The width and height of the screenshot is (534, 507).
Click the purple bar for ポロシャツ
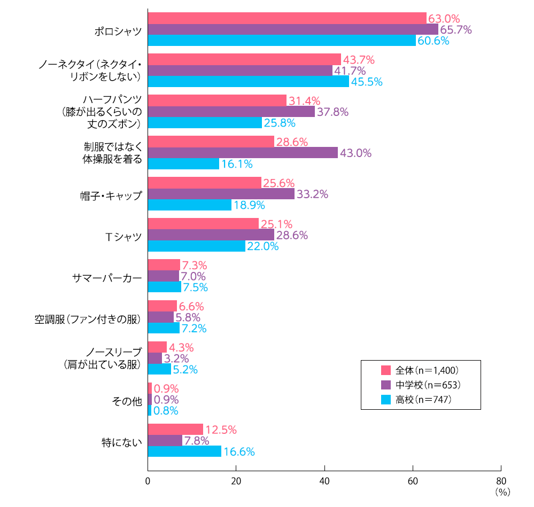pos(293,29)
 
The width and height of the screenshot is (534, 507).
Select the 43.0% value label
pos(355,153)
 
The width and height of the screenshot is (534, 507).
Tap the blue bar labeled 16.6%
pos(184,451)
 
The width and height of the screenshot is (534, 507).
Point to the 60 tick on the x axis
pos(413,481)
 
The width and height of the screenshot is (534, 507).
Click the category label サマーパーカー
pos(107,278)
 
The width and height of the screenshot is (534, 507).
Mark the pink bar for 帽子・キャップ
pos(204,183)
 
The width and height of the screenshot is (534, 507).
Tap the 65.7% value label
pos(455,30)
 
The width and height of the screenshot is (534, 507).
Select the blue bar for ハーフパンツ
pos(205,123)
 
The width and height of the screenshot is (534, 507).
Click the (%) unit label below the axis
pos(503,492)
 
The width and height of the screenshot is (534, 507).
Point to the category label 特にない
pos(122,442)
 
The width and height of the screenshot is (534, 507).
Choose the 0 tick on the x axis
pos(148,481)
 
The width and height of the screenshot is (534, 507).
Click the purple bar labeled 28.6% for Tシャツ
pos(211,235)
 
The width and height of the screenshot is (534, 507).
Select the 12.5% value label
pos(221,430)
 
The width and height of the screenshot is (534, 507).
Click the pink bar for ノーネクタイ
pos(244,59)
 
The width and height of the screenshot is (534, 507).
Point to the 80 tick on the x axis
pos(501,481)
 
